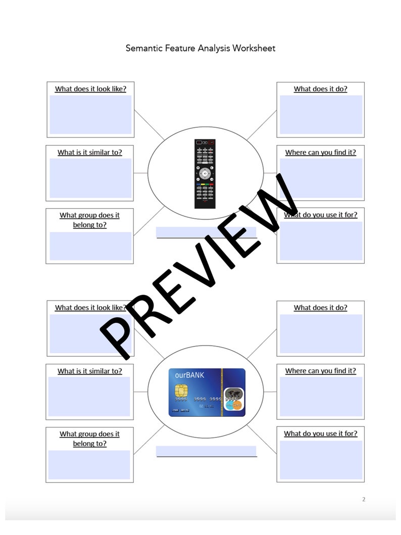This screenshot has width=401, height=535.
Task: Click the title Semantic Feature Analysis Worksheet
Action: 201,48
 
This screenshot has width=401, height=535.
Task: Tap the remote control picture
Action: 205,173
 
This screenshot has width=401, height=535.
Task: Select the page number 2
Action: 363,500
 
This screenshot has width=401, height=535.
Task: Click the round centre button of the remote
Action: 205,173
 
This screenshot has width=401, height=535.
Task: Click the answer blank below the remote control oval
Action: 206,232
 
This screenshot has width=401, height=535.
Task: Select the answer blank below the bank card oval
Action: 206,451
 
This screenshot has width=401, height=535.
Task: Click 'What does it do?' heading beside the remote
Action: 320,89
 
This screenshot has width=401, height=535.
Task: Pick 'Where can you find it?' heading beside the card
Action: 320,371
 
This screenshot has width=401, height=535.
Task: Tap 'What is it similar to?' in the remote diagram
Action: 89,152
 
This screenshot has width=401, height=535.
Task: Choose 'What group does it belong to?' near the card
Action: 89,439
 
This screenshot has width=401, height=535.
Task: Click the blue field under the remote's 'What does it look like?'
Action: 90,115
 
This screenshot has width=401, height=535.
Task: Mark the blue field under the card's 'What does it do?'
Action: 321,333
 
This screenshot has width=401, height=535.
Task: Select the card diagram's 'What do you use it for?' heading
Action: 320,433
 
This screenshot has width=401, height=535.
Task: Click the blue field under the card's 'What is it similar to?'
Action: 89,397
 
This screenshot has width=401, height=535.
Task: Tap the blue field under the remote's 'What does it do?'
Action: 321,115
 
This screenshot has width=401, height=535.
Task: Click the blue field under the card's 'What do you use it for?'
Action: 321,460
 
